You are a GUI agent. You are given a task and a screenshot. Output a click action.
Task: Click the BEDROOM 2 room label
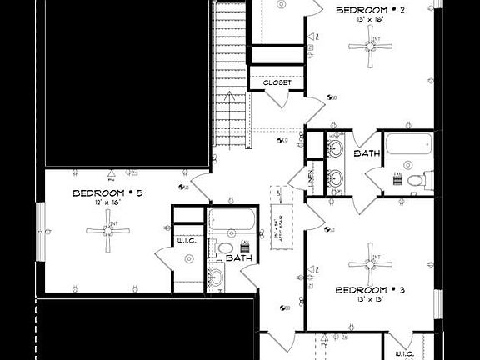(370, 11)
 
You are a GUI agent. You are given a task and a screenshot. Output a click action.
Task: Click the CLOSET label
(277, 82)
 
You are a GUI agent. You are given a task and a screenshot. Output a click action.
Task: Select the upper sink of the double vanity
(335, 149)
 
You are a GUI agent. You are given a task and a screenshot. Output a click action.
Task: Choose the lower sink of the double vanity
(335, 177)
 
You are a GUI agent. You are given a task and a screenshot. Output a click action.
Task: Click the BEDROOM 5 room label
(107, 192)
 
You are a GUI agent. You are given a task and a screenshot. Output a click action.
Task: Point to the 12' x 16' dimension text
(107, 202)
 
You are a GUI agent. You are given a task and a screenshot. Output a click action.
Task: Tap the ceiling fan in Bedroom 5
(107, 231)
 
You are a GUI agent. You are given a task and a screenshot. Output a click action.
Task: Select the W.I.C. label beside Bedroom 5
(186, 241)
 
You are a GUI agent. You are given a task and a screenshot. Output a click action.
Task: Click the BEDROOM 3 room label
(370, 290)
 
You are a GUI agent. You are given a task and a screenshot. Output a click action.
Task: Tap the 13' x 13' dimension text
(370, 300)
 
